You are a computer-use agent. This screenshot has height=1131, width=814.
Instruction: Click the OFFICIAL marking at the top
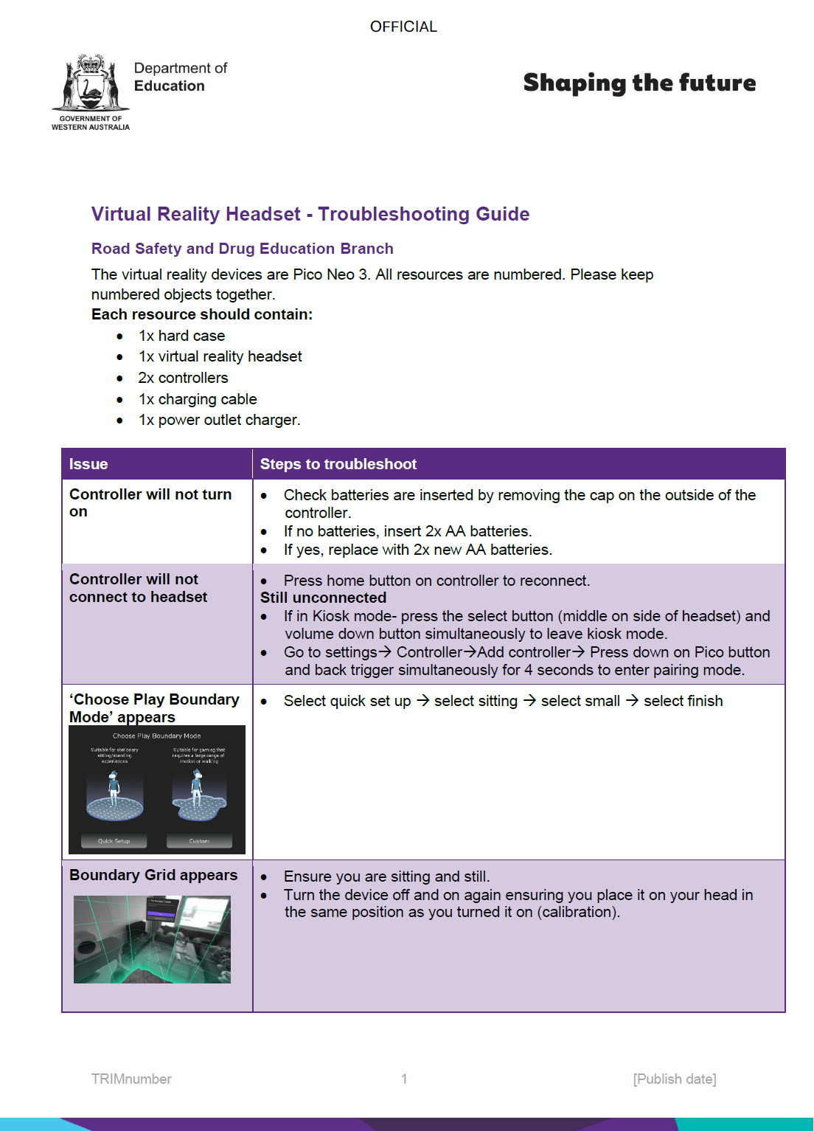click(403, 27)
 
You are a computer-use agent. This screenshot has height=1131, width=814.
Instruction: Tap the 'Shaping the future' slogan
click(639, 83)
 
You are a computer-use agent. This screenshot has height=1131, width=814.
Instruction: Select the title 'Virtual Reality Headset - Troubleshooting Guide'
click(310, 214)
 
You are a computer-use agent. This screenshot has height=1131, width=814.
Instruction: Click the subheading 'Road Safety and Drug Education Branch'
click(243, 249)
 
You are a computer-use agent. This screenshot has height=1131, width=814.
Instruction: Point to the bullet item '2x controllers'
click(183, 378)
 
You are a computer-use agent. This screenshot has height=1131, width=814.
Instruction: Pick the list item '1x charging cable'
click(198, 399)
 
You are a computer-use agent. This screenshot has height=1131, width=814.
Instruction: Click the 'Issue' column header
click(88, 464)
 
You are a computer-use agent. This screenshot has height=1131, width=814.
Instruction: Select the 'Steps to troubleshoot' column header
click(338, 464)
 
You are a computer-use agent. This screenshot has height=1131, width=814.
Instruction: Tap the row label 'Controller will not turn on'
click(150, 502)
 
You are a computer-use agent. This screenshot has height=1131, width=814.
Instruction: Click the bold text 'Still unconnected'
click(323, 598)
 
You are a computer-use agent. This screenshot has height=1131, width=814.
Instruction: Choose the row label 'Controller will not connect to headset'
click(138, 588)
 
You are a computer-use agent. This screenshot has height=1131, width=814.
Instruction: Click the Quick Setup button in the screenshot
click(114, 841)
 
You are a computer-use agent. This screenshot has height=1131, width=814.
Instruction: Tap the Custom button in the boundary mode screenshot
click(199, 841)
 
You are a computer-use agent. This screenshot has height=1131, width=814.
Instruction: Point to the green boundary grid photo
click(152, 939)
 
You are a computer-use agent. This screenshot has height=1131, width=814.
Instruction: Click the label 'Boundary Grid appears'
click(153, 875)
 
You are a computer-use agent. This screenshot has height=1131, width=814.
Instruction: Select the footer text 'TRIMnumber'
click(131, 1079)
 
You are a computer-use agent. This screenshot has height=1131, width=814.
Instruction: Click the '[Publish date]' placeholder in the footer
click(675, 1079)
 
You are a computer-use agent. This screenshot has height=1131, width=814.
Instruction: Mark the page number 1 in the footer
click(404, 1079)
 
